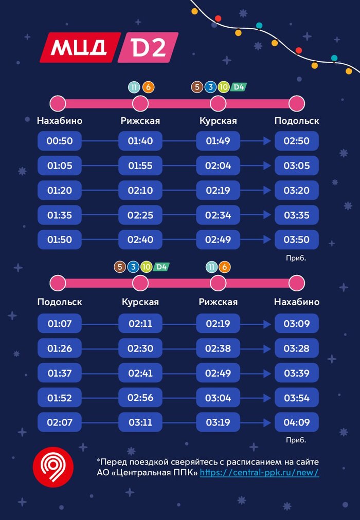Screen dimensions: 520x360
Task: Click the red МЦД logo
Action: [80, 47]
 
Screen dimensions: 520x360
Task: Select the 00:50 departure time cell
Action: [60, 141]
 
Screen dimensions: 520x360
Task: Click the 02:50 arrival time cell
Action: [296, 141]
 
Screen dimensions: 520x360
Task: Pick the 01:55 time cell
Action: [140, 165]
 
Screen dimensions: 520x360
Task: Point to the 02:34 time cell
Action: [218, 215]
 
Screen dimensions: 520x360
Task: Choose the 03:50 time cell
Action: [296, 239]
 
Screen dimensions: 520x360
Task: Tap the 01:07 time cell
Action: [60, 324]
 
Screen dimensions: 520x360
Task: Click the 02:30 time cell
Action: [140, 348]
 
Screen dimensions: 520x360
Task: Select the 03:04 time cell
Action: [218, 398]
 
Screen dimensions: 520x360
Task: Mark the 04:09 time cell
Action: [296, 422]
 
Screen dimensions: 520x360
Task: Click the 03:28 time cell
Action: [296, 348]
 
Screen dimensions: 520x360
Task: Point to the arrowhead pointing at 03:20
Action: [267, 190]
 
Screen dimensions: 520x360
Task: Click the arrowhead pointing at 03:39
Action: [267, 373]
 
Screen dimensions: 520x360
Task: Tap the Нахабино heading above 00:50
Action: [60, 121]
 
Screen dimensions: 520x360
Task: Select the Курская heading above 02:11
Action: [140, 302]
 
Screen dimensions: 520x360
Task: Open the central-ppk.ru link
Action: [259, 472]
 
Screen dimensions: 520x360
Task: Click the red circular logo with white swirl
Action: [53, 467]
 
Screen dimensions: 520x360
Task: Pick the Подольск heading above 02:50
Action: [296, 121]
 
